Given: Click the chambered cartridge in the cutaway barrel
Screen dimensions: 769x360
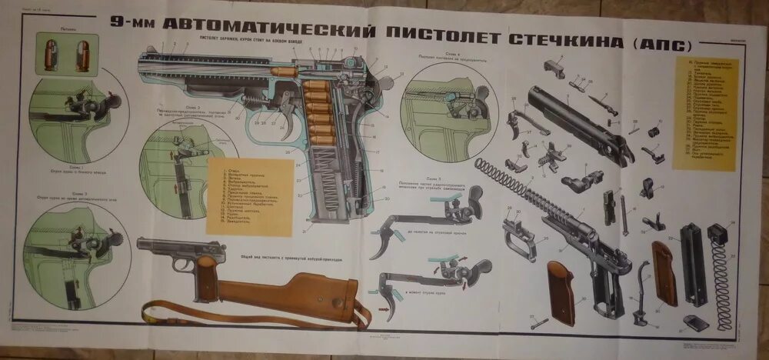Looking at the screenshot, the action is point(287,71).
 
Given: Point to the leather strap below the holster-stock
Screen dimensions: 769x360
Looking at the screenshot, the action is point(231,316).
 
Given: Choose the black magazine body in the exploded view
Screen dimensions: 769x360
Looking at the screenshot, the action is point(694,262).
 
